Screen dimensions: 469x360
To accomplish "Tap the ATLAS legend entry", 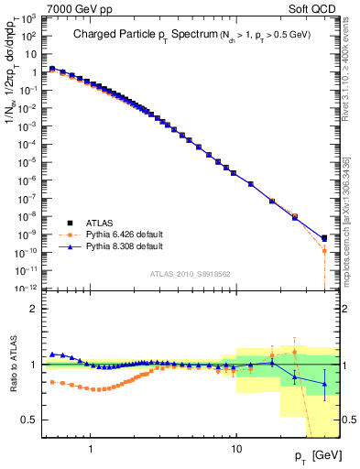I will pyautogui.click(x=101, y=223).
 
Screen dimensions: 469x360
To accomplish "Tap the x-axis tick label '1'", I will pyautogui.click(x=91, y=441).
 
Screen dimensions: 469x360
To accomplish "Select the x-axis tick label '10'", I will pyautogui.click(x=235, y=441).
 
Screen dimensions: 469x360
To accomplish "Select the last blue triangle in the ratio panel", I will pyautogui.click(x=324, y=385).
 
